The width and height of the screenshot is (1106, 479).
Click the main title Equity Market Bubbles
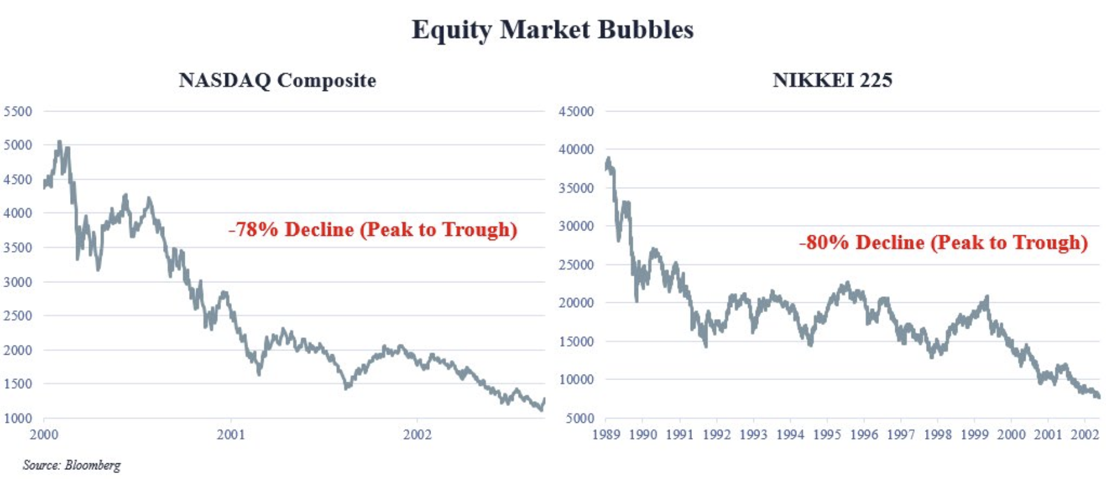click(552, 30)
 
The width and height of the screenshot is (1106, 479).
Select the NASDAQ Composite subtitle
click(277, 80)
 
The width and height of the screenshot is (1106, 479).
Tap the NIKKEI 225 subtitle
click(832, 80)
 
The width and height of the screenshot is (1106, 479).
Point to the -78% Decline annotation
click(372, 230)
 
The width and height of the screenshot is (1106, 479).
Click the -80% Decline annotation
click(943, 243)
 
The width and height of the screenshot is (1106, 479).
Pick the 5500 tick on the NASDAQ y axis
click(18, 112)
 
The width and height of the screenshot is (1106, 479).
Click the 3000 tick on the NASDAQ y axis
click(18, 282)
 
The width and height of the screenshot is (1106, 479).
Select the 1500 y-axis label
click(18, 384)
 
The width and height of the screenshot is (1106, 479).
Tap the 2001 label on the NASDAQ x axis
click(231, 435)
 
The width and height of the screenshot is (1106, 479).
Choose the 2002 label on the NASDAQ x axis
click(417, 435)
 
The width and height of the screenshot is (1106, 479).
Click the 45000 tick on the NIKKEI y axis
click(576, 112)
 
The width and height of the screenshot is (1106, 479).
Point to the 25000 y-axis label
click(576, 265)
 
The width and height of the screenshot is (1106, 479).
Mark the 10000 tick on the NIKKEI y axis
click(576, 379)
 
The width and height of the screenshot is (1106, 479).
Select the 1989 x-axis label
click(606, 435)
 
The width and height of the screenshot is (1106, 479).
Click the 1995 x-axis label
click(826, 435)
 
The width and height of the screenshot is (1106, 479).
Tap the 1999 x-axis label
click(974, 435)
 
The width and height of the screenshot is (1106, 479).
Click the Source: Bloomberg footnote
click(71, 465)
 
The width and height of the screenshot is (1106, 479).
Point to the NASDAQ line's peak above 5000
click(59, 142)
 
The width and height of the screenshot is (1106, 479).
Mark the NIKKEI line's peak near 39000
click(609, 159)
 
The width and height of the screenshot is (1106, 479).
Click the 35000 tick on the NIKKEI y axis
click(576, 188)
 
